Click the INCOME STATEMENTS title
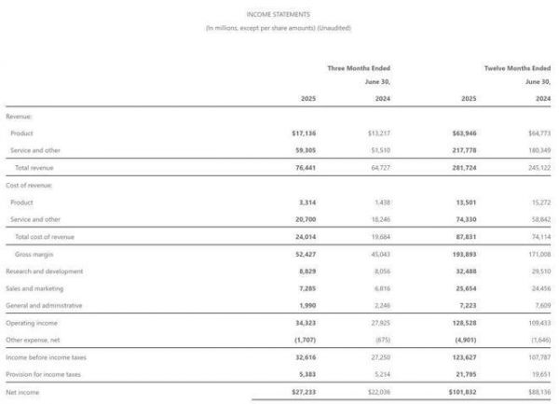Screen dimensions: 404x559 click(x=279, y=14)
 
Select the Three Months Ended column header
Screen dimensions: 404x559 click(x=359, y=68)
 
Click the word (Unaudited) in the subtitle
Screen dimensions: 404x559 click(x=334, y=28)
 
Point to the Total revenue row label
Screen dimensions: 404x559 click(x=34, y=167)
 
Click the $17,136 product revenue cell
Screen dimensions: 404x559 click(x=305, y=133)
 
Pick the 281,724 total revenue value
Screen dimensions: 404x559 click(x=464, y=167)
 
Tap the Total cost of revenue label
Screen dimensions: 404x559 click(x=44, y=236)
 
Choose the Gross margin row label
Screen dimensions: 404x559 click(x=34, y=254)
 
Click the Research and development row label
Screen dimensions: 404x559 click(x=44, y=271)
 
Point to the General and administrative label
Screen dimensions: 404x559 click(x=44, y=305)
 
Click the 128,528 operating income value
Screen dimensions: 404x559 click(x=464, y=323)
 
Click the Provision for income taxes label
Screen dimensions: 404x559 click(x=43, y=374)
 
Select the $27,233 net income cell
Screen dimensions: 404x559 click(x=305, y=392)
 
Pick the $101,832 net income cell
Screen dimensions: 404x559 click(x=462, y=392)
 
